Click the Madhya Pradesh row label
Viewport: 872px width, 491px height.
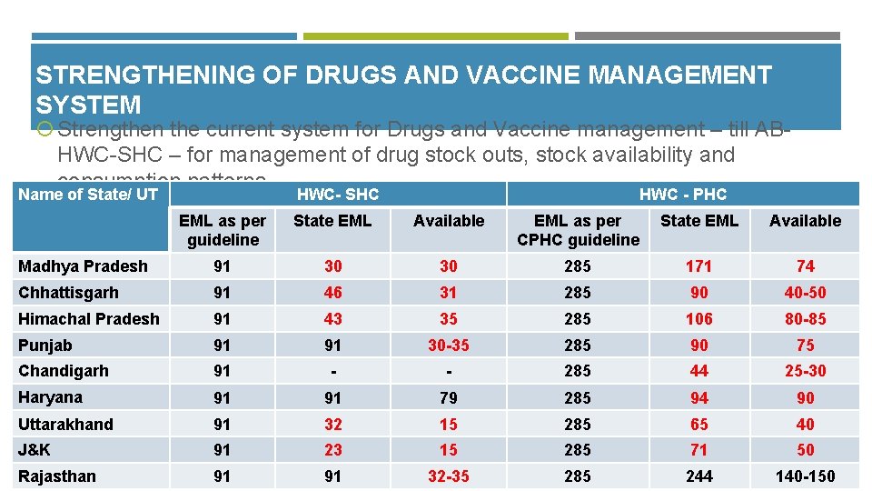click(83, 266)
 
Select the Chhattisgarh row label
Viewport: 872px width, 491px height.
click(68, 293)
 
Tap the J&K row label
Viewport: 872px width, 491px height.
click(35, 450)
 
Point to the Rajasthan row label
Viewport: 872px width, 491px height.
click(56, 476)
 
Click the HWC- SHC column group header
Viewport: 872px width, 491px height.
click(338, 195)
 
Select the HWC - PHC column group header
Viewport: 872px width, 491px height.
click(682, 195)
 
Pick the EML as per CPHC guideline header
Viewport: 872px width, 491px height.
click(578, 230)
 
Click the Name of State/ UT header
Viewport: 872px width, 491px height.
click(88, 194)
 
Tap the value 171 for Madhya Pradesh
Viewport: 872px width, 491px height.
click(699, 266)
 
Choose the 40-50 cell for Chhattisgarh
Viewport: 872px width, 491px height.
click(805, 293)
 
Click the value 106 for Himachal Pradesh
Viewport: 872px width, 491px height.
click(699, 319)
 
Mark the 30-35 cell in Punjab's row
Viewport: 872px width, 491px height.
click(449, 346)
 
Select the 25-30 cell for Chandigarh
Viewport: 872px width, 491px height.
click(805, 371)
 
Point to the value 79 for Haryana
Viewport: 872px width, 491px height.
click(449, 398)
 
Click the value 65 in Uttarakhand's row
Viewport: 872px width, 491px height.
click(699, 425)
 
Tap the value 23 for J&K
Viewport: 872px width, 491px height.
click(333, 450)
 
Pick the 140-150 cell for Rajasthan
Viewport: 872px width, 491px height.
click(805, 476)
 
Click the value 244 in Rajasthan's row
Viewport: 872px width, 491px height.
click(699, 476)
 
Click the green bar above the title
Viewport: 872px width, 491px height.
click(435, 36)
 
